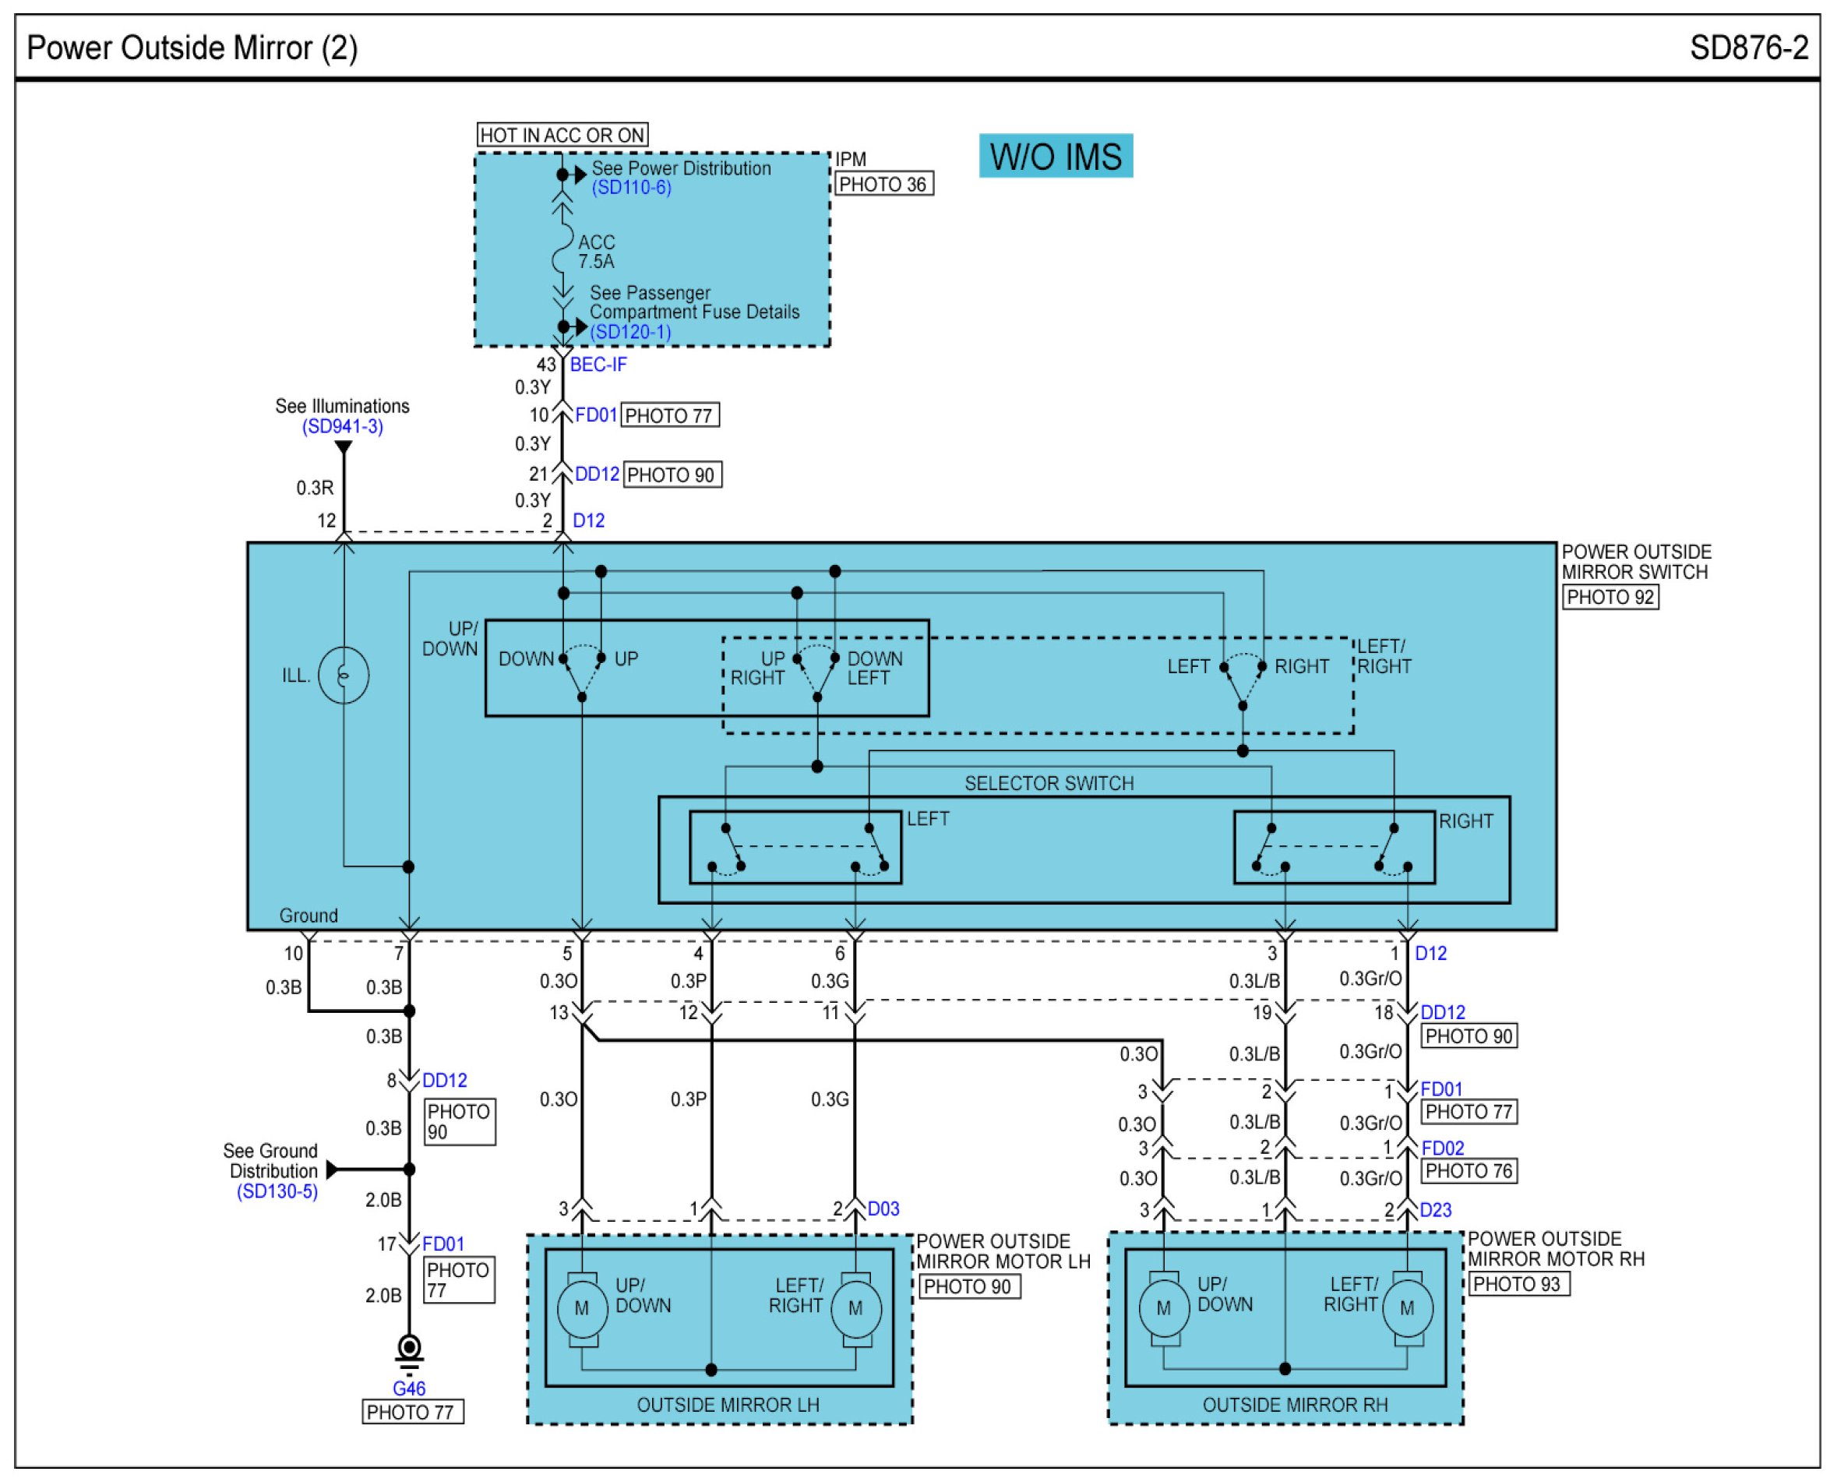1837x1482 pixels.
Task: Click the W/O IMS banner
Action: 1055,156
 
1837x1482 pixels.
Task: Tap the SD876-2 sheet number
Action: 1748,48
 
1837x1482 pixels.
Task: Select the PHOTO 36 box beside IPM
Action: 883,185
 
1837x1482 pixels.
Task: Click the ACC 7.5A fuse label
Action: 596,252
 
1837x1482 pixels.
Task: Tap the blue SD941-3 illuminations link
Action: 342,426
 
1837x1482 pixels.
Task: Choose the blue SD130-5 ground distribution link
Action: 277,1191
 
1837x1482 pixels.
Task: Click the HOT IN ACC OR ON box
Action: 562,135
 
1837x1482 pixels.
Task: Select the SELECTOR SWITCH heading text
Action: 1049,783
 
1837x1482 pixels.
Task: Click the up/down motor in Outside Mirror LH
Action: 581,1307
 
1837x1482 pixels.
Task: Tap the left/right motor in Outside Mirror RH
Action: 1407,1307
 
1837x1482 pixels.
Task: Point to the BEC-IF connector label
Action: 598,365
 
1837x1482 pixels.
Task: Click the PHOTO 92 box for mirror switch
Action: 1610,597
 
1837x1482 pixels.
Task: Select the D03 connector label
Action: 883,1208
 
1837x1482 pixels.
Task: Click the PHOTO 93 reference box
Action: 1518,1284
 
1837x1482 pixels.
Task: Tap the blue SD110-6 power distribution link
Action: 632,188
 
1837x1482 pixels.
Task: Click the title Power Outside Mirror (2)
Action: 192,48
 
